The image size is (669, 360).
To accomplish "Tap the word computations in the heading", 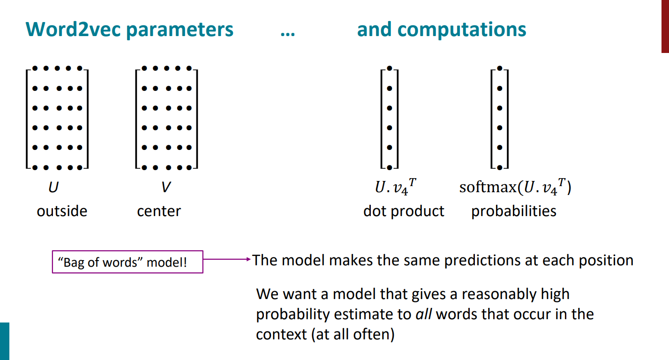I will [x=462, y=30].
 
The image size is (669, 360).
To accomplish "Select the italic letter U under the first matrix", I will [x=54, y=188].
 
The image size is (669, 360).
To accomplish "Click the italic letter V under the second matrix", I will [x=165, y=188].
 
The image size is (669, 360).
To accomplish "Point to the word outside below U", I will [x=62, y=211].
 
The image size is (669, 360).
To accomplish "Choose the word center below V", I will [x=159, y=211].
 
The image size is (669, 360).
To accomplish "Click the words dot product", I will [x=404, y=211].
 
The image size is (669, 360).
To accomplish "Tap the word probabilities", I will [x=514, y=211].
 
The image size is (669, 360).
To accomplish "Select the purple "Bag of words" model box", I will [x=127, y=262].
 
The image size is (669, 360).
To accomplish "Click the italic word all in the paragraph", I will [x=424, y=314].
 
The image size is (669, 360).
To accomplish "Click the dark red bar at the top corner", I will [x=665, y=26].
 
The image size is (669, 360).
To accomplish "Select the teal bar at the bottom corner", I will [x=4, y=341].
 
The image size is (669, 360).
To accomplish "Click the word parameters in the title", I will [x=180, y=30].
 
